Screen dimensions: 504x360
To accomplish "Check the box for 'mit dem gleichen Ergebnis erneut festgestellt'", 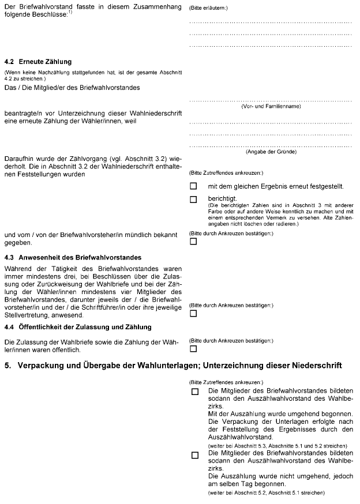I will [193, 186].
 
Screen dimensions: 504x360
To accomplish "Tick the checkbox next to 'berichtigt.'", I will [193, 200].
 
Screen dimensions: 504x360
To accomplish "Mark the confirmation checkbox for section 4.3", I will [193, 313].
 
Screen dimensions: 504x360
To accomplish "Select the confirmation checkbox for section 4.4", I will [193, 349].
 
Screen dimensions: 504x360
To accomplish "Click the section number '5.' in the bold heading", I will [7, 366].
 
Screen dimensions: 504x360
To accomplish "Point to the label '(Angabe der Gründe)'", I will [271, 152].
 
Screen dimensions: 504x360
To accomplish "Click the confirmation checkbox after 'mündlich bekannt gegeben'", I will [193, 242].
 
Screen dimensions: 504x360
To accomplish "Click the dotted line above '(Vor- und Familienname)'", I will [271, 100].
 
